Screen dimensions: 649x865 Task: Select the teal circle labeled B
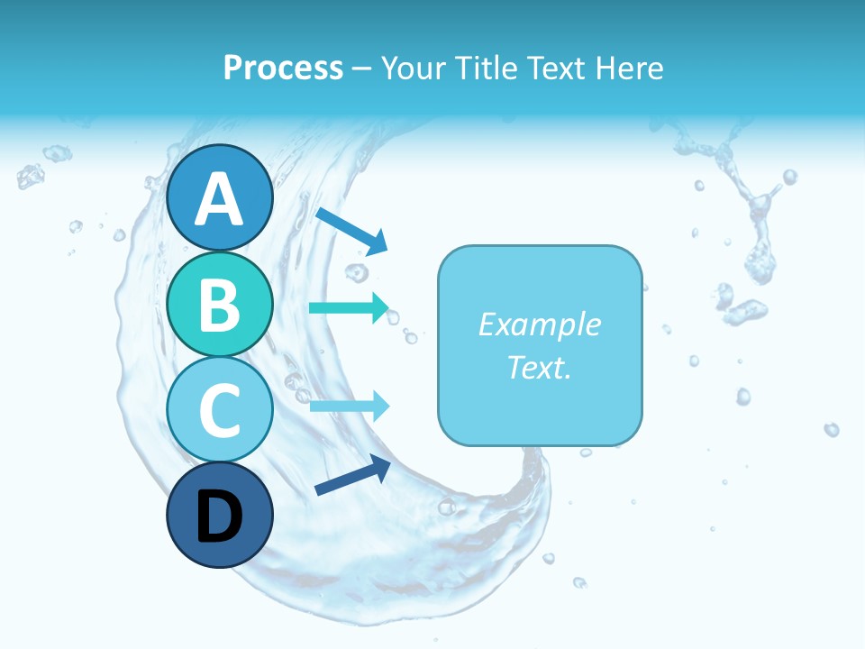point(219,305)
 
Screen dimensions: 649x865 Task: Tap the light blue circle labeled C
point(219,410)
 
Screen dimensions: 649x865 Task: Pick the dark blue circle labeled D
point(219,516)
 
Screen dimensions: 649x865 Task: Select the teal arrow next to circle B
point(349,307)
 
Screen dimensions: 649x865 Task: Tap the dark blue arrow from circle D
point(352,476)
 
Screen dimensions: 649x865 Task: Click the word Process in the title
point(283,68)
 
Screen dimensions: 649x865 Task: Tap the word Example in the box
point(540,324)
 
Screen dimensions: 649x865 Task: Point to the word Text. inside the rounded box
point(540,367)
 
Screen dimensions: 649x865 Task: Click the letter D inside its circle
point(219,517)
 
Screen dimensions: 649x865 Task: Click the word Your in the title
point(411,68)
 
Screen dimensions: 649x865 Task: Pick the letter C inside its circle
point(219,411)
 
